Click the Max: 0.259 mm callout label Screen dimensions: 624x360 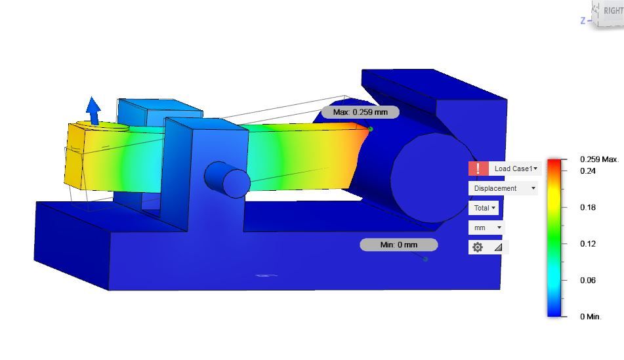click(360, 112)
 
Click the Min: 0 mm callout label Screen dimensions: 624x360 click(399, 245)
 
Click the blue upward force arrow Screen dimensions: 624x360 click(94, 111)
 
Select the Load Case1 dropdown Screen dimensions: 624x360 click(515, 169)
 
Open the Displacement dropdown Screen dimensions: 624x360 click(503, 188)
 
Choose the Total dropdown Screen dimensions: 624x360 click(484, 208)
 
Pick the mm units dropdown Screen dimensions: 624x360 click(486, 228)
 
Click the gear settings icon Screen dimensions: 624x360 click(478, 247)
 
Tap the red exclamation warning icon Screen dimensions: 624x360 click(478, 169)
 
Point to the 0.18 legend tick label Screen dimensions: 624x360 click(588, 207)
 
